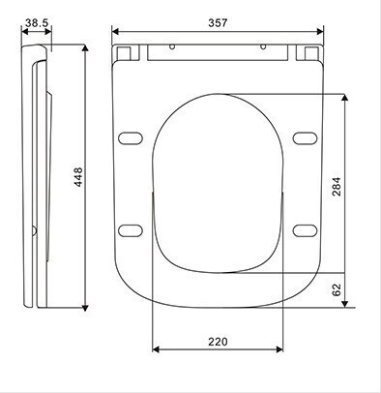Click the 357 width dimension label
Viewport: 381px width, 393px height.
pos(218,23)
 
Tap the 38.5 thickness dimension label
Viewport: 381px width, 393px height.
pos(37,23)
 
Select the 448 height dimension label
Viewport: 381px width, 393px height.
pos(78,177)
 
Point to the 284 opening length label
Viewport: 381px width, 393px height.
pos(337,186)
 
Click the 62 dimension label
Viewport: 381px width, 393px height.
pos(337,289)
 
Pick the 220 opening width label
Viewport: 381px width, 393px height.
pos(218,342)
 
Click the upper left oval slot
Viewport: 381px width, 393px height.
pos(131,137)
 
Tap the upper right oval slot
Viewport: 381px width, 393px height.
pos(305,137)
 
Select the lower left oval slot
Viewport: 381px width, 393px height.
pos(131,230)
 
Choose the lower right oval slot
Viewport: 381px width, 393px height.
pos(305,230)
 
